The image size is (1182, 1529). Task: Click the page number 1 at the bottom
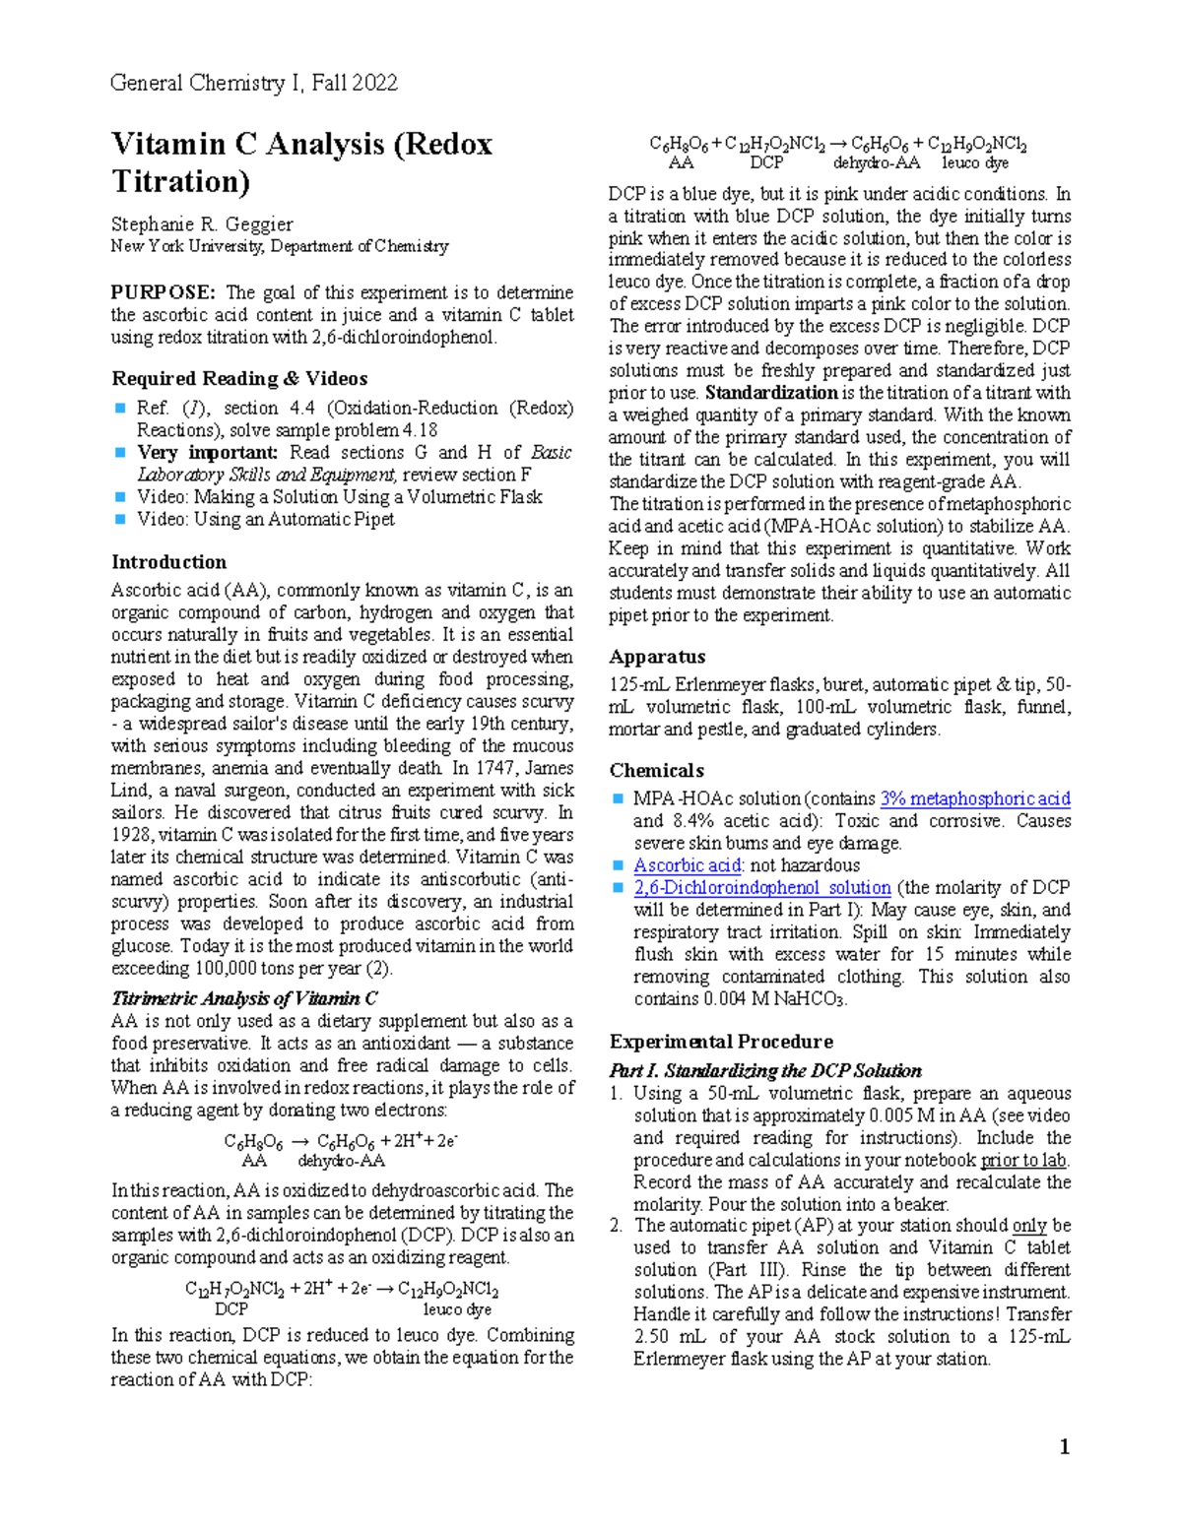pos(1064,1446)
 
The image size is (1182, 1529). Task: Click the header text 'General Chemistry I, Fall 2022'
pos(254,83)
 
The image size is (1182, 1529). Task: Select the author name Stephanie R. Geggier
pos(202,224)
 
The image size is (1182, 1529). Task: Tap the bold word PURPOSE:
pos(163,292)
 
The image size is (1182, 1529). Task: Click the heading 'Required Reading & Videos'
pos(239,379)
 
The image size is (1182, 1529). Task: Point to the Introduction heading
pos(168,562)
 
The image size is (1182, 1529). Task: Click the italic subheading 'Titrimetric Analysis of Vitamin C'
pos(244,998)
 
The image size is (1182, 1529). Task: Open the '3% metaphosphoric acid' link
pos(974,798)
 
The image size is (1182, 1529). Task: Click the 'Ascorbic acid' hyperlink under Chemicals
pos(687,865)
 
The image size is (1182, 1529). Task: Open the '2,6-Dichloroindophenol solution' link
pos(761,887)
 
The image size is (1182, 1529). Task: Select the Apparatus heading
pos(657,657)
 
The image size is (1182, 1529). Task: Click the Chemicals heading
pos(656,771)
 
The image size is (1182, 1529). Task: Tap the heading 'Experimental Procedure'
pos(721,1042)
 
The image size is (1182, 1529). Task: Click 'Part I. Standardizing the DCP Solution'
pos(765,1071)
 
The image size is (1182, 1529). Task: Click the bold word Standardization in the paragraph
pos(772,393)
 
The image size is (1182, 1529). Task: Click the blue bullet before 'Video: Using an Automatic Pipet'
pos(120,519)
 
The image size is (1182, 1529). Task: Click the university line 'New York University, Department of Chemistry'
pos(280,247)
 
